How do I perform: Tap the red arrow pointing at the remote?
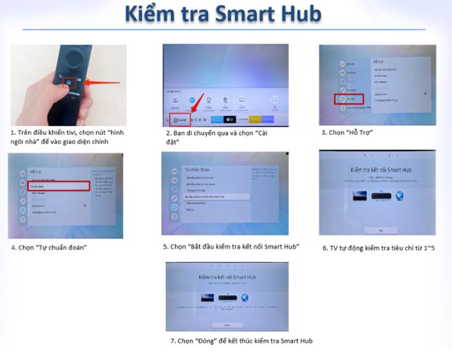pyautogui.click(x=89, y=84)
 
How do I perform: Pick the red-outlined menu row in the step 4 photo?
pyautogui.click(x=59, y=186)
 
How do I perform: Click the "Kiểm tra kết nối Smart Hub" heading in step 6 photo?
pyautogui.click(x=376, y=169)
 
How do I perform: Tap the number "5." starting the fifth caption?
pyautogui.click(x=166, y=247)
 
